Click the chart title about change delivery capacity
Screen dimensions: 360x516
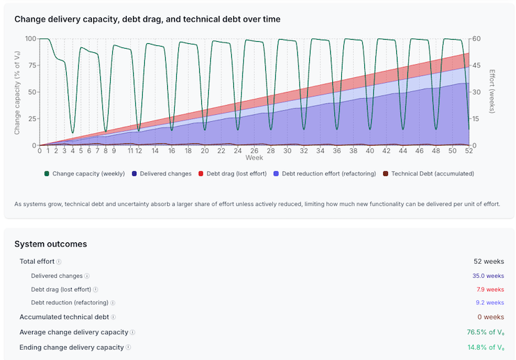click(x=148, y=19)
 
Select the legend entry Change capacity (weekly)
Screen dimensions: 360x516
click(x=87, y=173)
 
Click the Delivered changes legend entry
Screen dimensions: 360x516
click(x=165, y=173)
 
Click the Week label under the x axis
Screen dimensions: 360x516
click(x=253, y=157)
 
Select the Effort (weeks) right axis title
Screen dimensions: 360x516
click(x=492, y=92)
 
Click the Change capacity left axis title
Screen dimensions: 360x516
click(x=17, y=92)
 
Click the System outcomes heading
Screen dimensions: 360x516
click(x=51, y=244)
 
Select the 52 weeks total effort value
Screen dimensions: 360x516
click(x=489, y=262)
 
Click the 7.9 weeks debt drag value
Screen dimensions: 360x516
click(x=490, y=289)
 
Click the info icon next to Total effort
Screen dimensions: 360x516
click(x=58, y=262)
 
